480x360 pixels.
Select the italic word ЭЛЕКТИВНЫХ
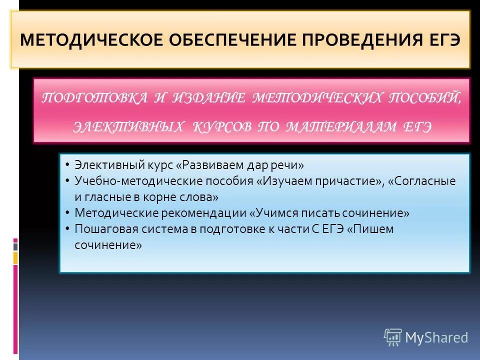(128, 126)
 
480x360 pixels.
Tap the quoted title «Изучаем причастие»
(318, 180)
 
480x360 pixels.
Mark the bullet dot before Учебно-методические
(67, 181)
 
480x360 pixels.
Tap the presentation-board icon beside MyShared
(393, 337)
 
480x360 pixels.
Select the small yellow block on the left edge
(15, 257)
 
